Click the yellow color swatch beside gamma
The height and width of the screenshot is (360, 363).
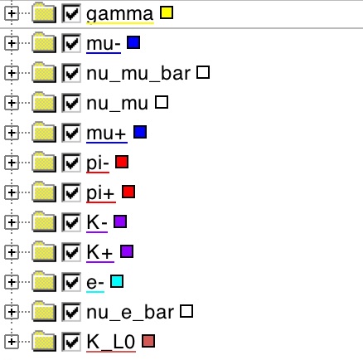tap(167, 12)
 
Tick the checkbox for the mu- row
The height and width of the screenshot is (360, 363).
tap(71, 43)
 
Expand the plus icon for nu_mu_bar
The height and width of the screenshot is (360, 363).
tap(12, 73)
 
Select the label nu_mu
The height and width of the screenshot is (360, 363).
tap(117, 103)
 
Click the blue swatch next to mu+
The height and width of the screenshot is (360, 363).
tap(140, 132)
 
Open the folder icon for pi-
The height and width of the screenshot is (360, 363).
tap(44, 163)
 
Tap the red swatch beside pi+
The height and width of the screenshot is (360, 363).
tap(128, 192)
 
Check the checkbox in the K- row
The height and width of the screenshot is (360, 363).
tap(71, 222)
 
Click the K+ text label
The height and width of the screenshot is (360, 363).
tap(99, 252)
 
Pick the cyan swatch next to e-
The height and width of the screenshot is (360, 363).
tap(117, 281)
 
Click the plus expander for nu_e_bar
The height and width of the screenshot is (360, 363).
tap(12, 312)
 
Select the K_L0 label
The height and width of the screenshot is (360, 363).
tap(111, 342)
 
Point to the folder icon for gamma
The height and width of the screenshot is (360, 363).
tap(44, 13)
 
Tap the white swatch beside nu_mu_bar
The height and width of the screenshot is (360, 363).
tap(203, 72)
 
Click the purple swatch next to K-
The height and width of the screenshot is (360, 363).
tap(120, 221)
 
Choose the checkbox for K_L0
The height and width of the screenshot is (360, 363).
tap(71, 342)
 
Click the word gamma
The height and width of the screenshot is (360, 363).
tap(120, 14)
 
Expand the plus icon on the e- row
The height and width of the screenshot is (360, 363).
tap(12, 282)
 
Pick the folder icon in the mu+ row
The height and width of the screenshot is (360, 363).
tap(44, 133)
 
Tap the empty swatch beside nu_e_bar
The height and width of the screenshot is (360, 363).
tap(186, 311)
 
